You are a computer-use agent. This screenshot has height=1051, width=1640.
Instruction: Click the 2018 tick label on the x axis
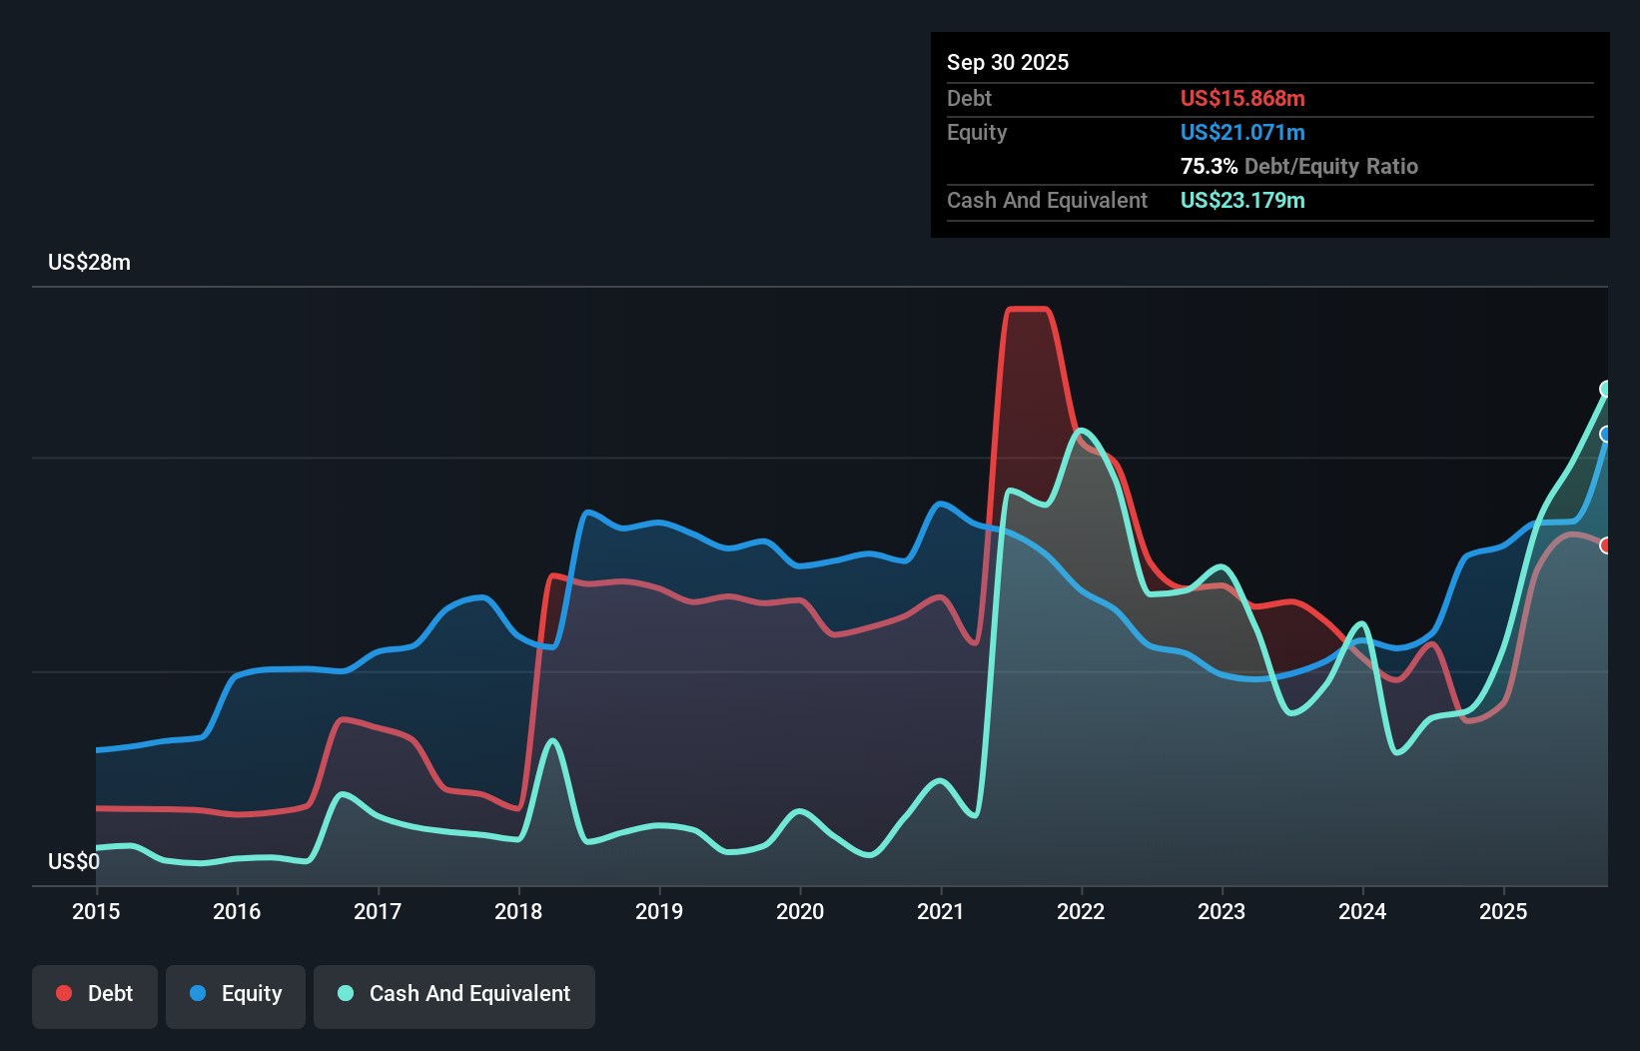(x=517, y=911)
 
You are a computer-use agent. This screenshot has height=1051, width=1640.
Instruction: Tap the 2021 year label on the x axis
(x=940, y=911)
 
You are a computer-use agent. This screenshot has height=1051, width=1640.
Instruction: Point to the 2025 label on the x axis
(x=1502, y=911)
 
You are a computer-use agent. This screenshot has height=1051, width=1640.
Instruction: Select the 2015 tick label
(x=96, y=911)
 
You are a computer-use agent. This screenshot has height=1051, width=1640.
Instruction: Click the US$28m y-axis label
(x=89, y=263)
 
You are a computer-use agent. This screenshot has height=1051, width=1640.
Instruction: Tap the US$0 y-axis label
(x=73, y=861)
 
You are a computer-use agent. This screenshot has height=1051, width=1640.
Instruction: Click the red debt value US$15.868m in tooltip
(x=1241, y=98)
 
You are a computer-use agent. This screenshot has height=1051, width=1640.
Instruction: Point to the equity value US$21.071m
(x=1241, y=132)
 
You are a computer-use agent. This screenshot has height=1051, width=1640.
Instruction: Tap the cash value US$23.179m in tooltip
(x=1241, y=200)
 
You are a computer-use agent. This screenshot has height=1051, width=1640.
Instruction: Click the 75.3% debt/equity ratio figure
(x=1209, y=166)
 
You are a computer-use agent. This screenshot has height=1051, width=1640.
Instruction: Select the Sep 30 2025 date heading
(x=1007, y=62)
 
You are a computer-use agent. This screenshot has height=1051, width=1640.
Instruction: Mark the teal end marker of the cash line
(x=1606, y=389)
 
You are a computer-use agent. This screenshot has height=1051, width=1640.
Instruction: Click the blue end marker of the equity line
(x=1606, y=434)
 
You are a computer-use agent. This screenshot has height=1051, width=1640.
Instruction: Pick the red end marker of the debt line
(x=1606, y=545)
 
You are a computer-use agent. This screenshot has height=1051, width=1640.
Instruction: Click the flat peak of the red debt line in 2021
(x=1028, y=310)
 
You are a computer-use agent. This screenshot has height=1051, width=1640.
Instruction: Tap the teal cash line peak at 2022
(x=1082, y=431)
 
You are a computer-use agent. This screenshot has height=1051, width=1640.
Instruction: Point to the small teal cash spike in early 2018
(x=551, y=741)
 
